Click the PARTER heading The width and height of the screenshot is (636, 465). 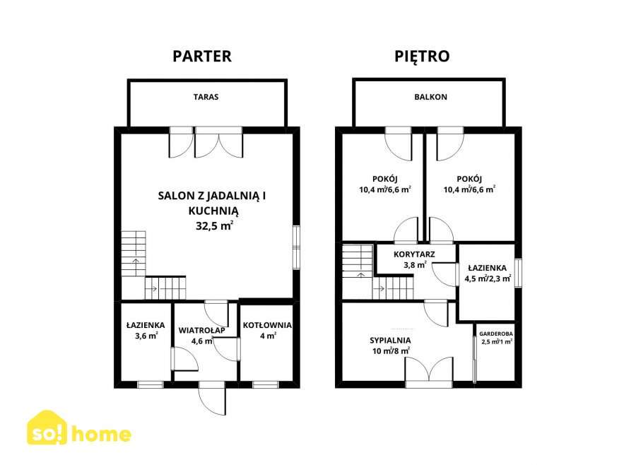pyautogui.click(x=202, y=57)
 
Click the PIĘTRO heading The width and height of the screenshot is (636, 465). pyautogui.click(x=421, y=57)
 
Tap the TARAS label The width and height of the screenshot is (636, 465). pyautogui.click(x=206, y=98)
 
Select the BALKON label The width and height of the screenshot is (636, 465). pyautogui.click(x=430, y=98)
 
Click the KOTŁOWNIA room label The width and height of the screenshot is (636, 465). pyautogui.click(x=266, y=325)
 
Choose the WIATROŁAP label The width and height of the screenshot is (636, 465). pyautogui.click(x=201, y=330)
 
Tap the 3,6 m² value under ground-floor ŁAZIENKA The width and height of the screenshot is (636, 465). pyautogui.click(x=146, y=336)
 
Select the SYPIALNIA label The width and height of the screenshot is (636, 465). pyautogui.click(x=390, y=340)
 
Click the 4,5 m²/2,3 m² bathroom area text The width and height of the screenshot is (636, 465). pyautogui.click(x=488, y=278)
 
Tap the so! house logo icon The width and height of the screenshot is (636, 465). pyautogui.click(x=47, y=430)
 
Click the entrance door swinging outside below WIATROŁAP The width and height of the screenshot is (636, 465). pyautogui.click(x=213, y=399)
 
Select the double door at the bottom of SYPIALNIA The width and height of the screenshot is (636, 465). pyautogui.click(x=429, y=370)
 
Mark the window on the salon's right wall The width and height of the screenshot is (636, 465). pyautogui.click(x=295, y=247)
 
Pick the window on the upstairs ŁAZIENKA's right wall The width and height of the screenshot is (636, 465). pyautogui.click(x=518, y=273)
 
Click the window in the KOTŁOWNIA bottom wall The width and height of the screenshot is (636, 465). pyautogui.click(x=265, y=384)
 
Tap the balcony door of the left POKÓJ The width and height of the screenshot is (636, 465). pyautogui.click(x=398, y=144)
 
